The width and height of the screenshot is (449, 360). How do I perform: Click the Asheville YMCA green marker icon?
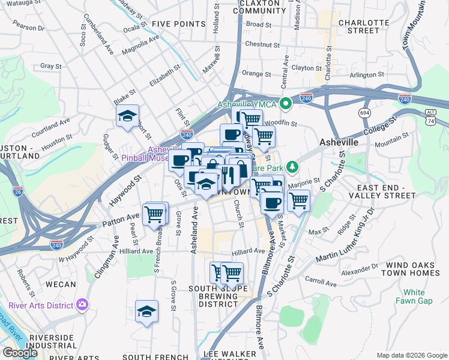point(286,103)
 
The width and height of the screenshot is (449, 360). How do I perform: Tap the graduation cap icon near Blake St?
point(127,116)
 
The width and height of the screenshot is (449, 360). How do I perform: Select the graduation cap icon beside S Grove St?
point(146,311)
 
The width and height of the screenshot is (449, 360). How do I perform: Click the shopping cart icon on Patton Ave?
point(155,214)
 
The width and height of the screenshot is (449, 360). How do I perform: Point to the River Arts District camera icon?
point(82,305)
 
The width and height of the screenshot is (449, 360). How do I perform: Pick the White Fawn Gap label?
point(414,296)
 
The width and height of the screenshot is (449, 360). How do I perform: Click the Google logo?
point(20,352)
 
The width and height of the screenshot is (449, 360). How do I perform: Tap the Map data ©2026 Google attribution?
point(411,355)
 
